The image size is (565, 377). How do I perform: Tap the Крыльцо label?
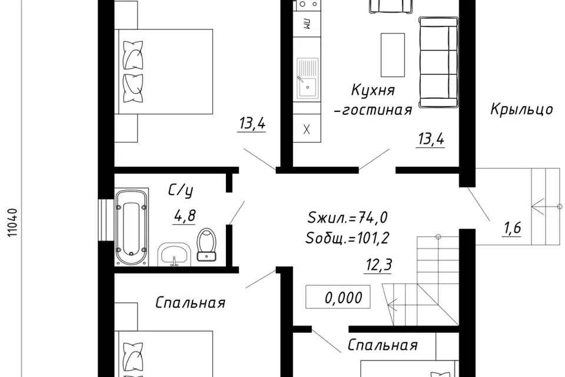521,110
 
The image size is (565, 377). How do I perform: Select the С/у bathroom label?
181,190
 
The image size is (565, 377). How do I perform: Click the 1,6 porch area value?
511,228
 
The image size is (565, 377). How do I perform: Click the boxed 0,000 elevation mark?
338,297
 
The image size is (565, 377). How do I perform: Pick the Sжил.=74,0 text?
347,218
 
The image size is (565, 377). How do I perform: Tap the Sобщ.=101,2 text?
347,238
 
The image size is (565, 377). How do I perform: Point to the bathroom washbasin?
174,254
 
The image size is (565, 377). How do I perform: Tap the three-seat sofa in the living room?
438,61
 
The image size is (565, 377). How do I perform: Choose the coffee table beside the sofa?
393,55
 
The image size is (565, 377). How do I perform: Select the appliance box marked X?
306,130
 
